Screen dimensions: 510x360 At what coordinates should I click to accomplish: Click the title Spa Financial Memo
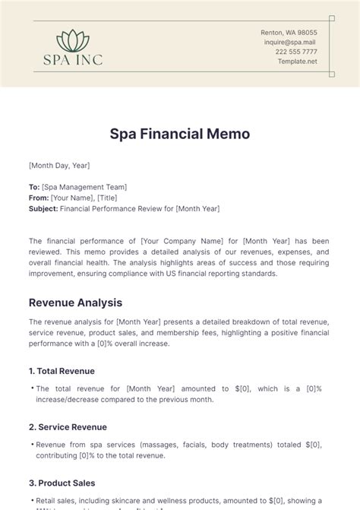[180, 135]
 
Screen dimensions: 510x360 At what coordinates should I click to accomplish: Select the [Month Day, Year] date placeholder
[58, 165]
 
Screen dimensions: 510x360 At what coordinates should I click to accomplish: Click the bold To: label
[34, 187]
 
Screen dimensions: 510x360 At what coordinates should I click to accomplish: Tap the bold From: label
[38, 198]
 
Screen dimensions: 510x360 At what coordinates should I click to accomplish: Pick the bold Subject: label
[43, 208]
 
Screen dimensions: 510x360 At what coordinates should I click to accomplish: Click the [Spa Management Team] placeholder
[84, 187]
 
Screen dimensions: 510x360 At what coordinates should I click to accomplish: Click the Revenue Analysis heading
[75, 303]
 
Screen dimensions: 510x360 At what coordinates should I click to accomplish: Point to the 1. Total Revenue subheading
[62, 371]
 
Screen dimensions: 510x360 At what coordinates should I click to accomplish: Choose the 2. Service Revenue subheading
[68, 427]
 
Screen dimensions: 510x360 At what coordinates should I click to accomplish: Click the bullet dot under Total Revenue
[31, 388]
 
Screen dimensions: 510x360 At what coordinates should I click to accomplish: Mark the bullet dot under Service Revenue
[31, 445]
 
